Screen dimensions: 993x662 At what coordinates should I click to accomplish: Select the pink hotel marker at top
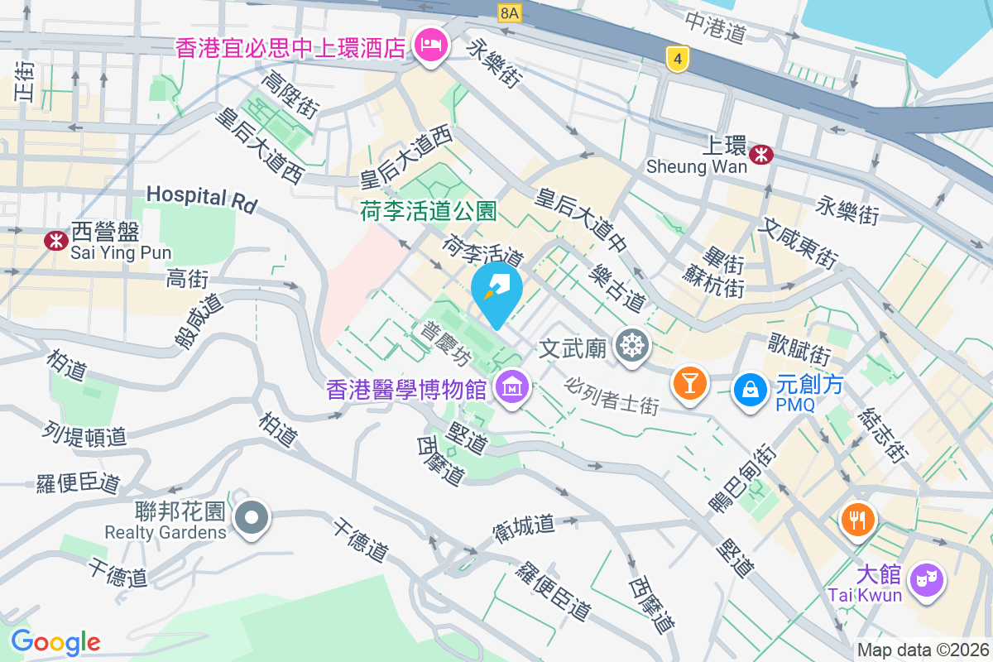click(430, 42)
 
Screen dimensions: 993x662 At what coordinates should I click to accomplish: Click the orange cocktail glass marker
click(689, 383)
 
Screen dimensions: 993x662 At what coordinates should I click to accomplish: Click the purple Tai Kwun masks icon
click(925, 577)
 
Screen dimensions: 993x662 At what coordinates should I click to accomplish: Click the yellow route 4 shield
click(678, 58)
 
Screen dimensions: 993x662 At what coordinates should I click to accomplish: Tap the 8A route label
click(509, 13)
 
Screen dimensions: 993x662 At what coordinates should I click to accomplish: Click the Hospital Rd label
click(202, 198)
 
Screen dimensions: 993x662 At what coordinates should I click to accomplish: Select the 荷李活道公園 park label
click(428, 213)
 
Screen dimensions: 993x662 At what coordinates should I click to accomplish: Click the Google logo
click(55, 642)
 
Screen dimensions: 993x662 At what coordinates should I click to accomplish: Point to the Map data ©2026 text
click(923, 650)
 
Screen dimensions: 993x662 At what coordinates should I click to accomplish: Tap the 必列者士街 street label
click(612, 396)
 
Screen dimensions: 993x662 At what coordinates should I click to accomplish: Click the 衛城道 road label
click(522, 525)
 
